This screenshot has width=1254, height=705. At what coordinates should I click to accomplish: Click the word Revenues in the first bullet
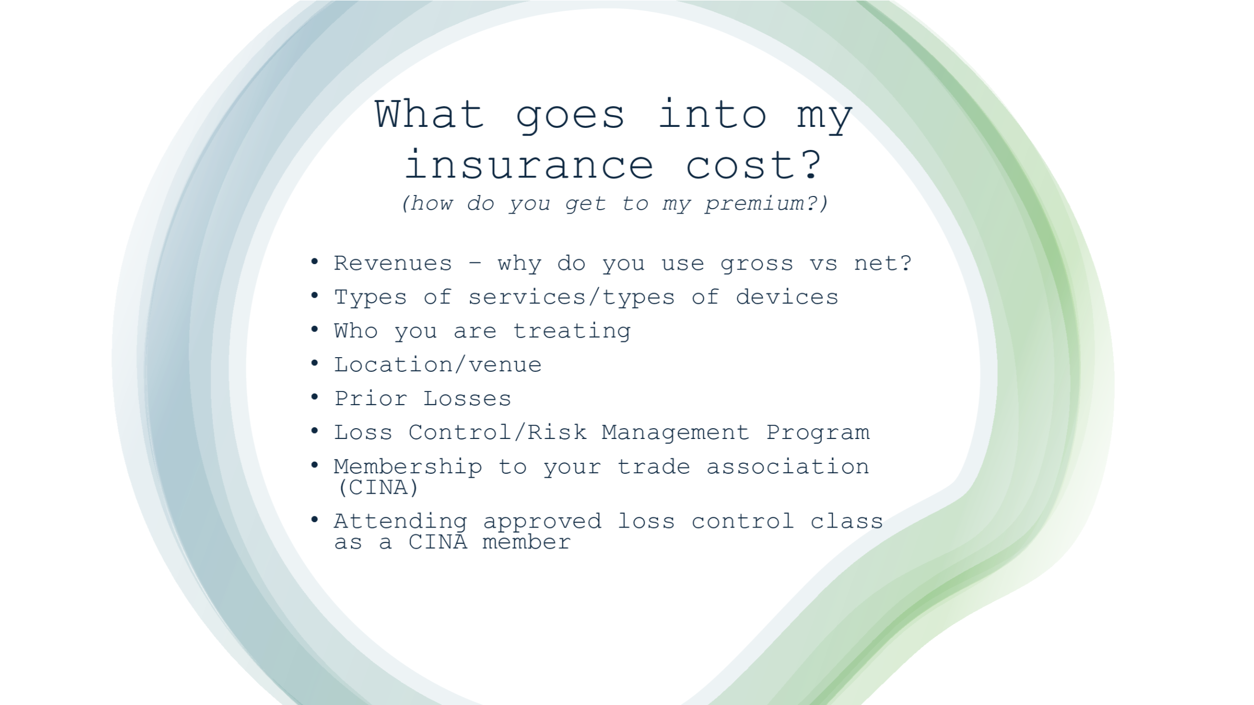[392, 264]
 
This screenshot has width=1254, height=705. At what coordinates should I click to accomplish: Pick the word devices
[787, 297]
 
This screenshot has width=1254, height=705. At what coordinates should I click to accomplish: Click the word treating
[572, 331]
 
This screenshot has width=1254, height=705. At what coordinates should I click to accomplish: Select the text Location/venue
[437, 365]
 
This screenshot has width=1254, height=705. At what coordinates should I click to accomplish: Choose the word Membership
[408, 466]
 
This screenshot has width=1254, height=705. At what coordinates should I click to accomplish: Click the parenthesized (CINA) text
[378, 487]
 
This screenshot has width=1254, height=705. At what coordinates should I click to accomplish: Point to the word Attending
[400, 522]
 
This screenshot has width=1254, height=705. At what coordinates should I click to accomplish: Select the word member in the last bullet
[526, 542]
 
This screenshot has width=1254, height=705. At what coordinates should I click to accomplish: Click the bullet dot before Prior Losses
[314, 397]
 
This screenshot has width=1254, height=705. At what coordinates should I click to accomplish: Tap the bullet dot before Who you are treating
[314, 329]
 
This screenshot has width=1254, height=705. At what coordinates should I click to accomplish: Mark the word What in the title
[430, 114]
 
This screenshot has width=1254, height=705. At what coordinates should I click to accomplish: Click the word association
[787, 466]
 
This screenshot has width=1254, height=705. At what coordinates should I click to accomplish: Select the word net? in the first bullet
[883, 264]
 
